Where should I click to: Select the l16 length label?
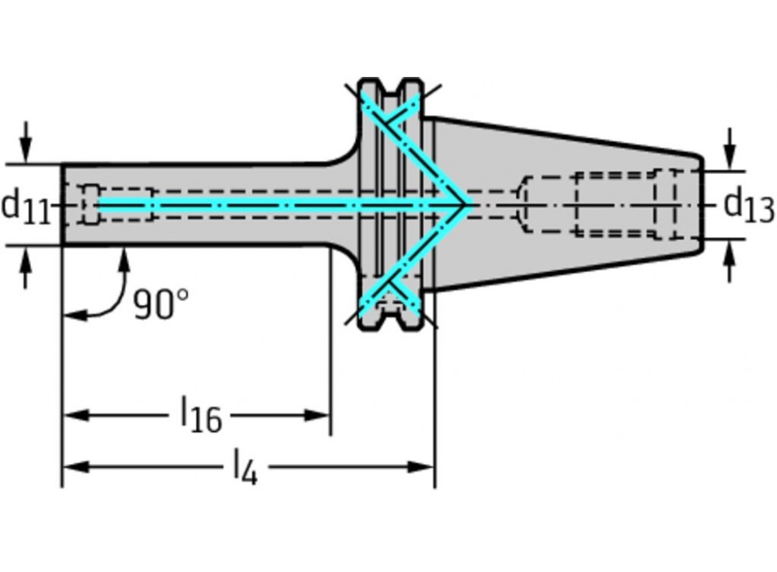201,415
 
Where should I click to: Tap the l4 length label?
245,468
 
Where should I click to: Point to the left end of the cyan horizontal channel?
99,205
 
